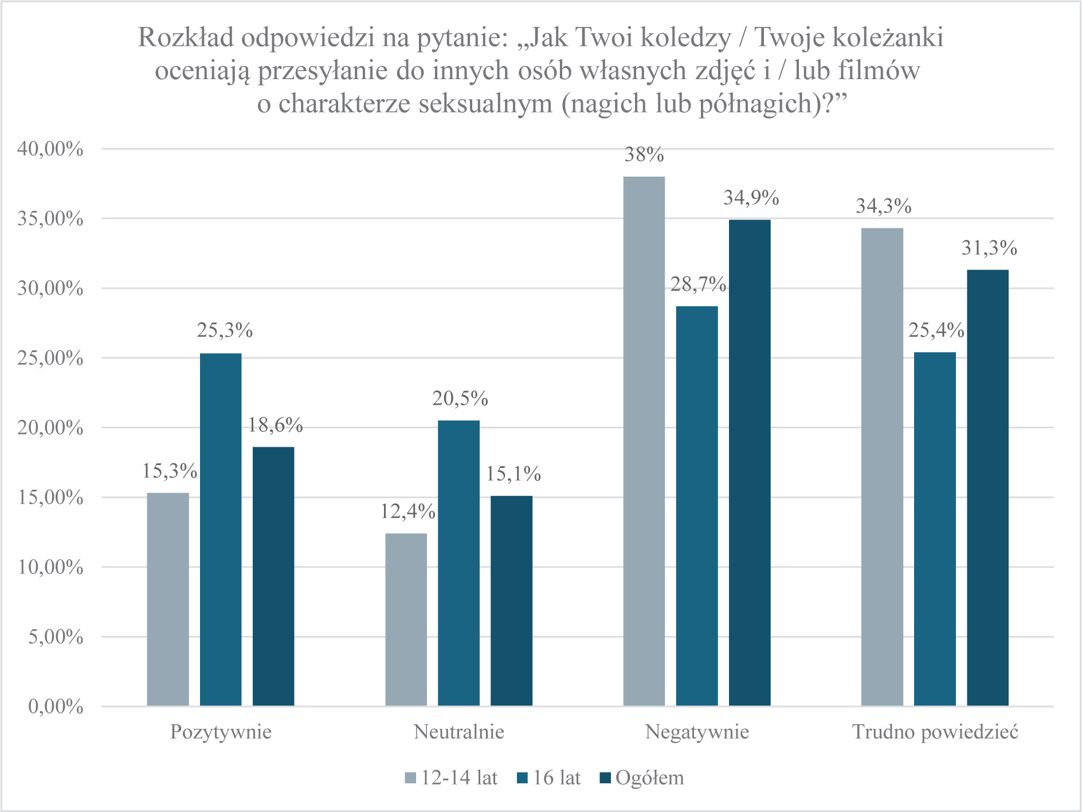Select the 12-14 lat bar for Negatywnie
click(x=644, y=441)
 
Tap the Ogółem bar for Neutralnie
click(x=511, y=600)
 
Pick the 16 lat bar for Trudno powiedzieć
click(x=935, y=529)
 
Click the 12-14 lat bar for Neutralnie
click(x=406, y=619)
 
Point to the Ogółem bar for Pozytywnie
click(x=273, y=576)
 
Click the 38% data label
click(x=644, y=155)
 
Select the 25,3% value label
click(x=225, y=330)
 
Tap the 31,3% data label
click(x=989, y=248)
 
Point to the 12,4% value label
click(x=408, y=511)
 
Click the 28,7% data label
click(x=698, y=284)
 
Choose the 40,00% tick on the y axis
click(x=50, y=149)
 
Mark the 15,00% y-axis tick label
click(x=50, y=497)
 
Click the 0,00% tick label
click(x=56, y=706)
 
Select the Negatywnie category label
click(x=697, y=732)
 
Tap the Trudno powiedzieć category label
click(x=935, y=732)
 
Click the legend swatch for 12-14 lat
click(x=410, y=778)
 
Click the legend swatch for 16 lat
click(x=522, y=778)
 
